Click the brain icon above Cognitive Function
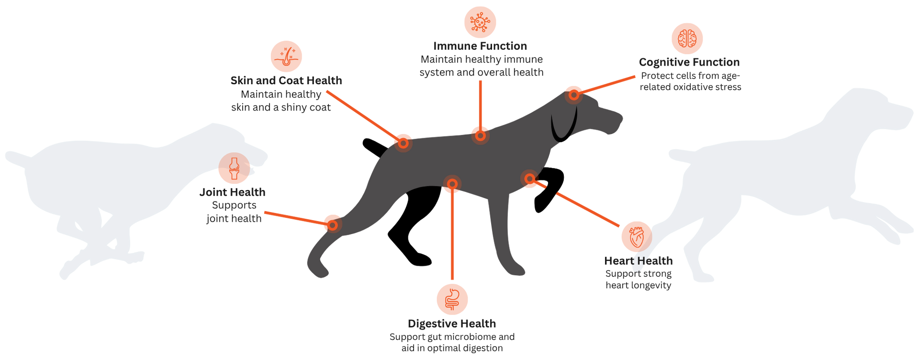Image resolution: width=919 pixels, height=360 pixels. pyautogui.click(x=687, y=38)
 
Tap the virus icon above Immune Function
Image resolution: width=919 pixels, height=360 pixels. pyautogui.click(x=480, y=22)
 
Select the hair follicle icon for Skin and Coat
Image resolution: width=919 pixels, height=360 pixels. pyautogui.click(x=286, y=56)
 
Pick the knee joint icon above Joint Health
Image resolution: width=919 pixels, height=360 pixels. pyautogui.click(x=234, y=168)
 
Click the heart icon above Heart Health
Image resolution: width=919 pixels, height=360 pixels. pyautogui.click(x=637, y=236)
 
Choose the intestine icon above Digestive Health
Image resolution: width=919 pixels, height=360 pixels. pyautogui.click(x=452, y=300)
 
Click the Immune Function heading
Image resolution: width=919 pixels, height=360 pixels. pyautogui.click(x=480, y=46)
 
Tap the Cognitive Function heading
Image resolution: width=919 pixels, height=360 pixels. pyautogui.click(x=689, y=62)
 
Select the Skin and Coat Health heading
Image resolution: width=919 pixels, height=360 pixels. pyautogui.click(x=286, y=80)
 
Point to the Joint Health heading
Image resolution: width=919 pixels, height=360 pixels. pyautogui.click(x=232, y=192)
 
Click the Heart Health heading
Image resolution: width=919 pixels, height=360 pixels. pyautogui.click(x=639, y=261)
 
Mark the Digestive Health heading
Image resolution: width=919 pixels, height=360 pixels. pyautogui.click(x=452, y=324)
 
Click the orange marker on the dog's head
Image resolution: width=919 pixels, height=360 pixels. pyautogui.click(x=573, y=95)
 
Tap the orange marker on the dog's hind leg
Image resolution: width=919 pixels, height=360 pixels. pyautogui.click(x=333, y=225)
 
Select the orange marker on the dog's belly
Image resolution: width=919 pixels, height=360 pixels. pyautogui.click(x=452, y=184)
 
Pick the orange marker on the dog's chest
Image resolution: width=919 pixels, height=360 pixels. pyautogui.click(x=529, y=179)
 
